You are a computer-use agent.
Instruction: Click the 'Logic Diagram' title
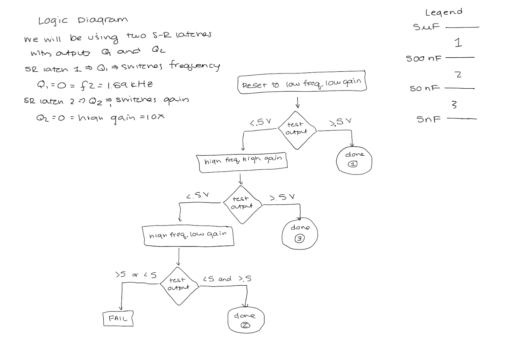click(83, 20)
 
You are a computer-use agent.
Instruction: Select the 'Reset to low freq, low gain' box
click(302, 83)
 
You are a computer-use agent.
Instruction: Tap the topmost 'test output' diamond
click(296, 129)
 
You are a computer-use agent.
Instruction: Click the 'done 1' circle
click(354, 160)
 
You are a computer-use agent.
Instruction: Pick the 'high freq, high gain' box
click(243, 161)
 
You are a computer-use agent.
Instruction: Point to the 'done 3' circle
click(300, 234)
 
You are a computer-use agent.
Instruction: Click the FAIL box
click(118, 319)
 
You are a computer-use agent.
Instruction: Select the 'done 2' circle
click(246, 320)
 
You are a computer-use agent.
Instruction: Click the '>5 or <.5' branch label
click(136, 275)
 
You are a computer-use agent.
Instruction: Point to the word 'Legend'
click(444, 12)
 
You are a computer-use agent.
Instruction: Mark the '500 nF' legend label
click(424, 58)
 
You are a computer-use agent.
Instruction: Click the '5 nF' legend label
click(428, 119)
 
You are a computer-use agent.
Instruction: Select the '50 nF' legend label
click(425, 89)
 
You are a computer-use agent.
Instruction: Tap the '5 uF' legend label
click(426, 27)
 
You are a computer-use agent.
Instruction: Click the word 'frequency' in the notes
click(195, 66)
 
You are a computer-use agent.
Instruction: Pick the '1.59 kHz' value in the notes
click(130, 85)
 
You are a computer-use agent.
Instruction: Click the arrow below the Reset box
click(298, 102)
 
